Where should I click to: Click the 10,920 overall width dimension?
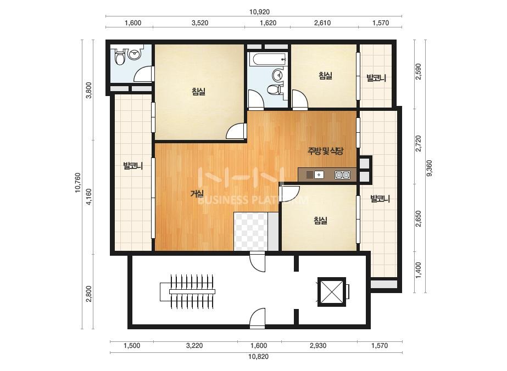coord(259,12)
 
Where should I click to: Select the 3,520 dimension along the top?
coord(200,23)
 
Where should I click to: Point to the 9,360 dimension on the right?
coord(430,168)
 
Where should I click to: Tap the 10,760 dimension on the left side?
coord(78,183)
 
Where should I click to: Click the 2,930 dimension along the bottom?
coord(318,346)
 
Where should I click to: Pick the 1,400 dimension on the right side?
coord(418,270)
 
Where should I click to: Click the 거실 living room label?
coord(197,194)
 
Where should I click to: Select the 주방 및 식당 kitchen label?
coord(325,150)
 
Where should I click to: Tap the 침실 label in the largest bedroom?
coord(198,92)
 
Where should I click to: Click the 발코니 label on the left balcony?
coord(133,166)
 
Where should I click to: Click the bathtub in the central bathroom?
coord(269,59)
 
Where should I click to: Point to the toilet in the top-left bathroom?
coord(119,57)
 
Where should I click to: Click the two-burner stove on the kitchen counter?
coord(342,175)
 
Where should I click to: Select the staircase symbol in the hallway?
coord(187,291)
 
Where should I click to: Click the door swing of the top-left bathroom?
coord(143,74)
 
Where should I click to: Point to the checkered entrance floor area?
coord(251,232)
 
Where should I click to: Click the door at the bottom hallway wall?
coord(258,318)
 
